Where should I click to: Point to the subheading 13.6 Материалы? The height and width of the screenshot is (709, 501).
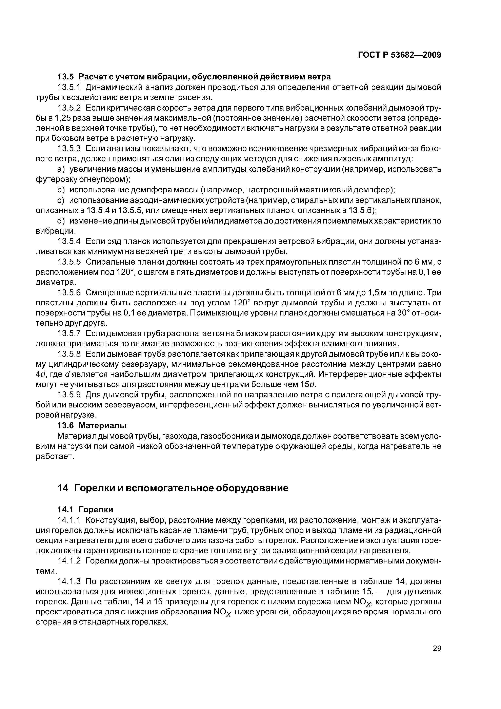click(92, 425)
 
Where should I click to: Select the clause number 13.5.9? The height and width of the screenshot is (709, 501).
click(69, 395)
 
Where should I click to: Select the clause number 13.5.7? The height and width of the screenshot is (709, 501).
click(69, 333)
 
